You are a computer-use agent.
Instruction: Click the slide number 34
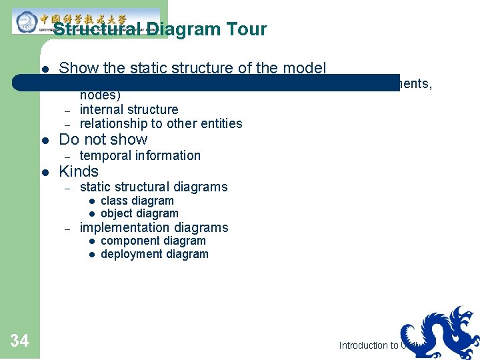19,341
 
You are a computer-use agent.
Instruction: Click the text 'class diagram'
137,201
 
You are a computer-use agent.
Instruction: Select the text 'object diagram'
139,213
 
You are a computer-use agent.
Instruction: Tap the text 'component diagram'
153,241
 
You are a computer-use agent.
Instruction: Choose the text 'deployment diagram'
154,254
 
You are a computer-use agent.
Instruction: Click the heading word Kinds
79,171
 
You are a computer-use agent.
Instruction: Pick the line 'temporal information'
140,155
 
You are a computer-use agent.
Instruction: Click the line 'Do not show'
103,139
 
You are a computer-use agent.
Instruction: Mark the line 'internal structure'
129,109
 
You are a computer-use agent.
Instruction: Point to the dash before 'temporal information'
67,156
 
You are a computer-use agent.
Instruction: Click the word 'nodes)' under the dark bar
100,95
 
